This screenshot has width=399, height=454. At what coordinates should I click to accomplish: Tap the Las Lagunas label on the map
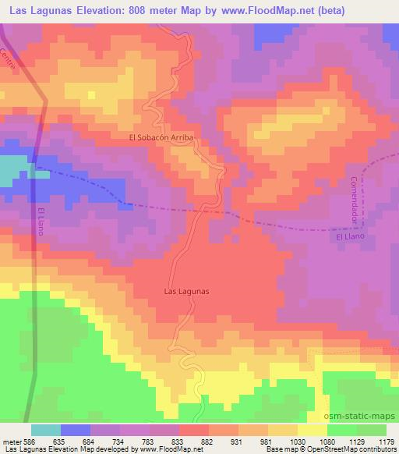click(x=188, y=292)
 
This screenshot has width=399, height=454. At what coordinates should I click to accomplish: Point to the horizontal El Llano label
click(x=350, y=236)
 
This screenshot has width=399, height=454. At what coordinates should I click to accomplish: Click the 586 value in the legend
click(x=30, y=440)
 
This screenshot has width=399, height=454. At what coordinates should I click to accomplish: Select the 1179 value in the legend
click(x=386, y=440)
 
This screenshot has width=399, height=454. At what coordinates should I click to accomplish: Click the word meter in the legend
click(x=11, y=440)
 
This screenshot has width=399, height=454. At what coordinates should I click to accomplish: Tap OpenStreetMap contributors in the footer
click(x=351, y=449)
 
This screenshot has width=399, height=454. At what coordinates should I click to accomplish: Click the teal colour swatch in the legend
click(x=46, y=430)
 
